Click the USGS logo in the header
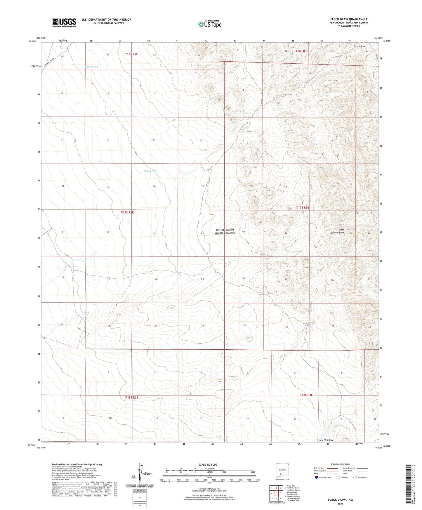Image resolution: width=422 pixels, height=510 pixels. (x=64, y=22)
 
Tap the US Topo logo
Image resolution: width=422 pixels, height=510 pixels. (x=210, y=24)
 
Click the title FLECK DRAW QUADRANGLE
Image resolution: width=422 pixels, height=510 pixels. (x=349, y=19)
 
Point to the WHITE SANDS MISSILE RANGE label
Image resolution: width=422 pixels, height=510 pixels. (x=225, y=231)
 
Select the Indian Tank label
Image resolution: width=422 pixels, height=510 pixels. (x=150, y=171)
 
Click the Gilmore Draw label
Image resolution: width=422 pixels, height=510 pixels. (x=92, y=67)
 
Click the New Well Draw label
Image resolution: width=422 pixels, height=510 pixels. (x=326, y=440)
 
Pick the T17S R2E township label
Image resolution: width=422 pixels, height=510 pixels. (x=127, y=212)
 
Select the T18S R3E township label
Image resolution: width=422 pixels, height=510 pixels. (x=306, y=395)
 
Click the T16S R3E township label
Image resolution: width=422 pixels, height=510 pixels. (x=302, y=51)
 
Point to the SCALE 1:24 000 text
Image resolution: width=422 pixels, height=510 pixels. (x=208, y=465)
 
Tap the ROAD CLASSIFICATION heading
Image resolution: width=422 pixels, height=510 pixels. (x=340, y=464)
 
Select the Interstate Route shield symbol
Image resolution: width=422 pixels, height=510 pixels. (x=317, y=477)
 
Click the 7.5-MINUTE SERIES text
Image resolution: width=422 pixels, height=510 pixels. (x=349, y=26)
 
